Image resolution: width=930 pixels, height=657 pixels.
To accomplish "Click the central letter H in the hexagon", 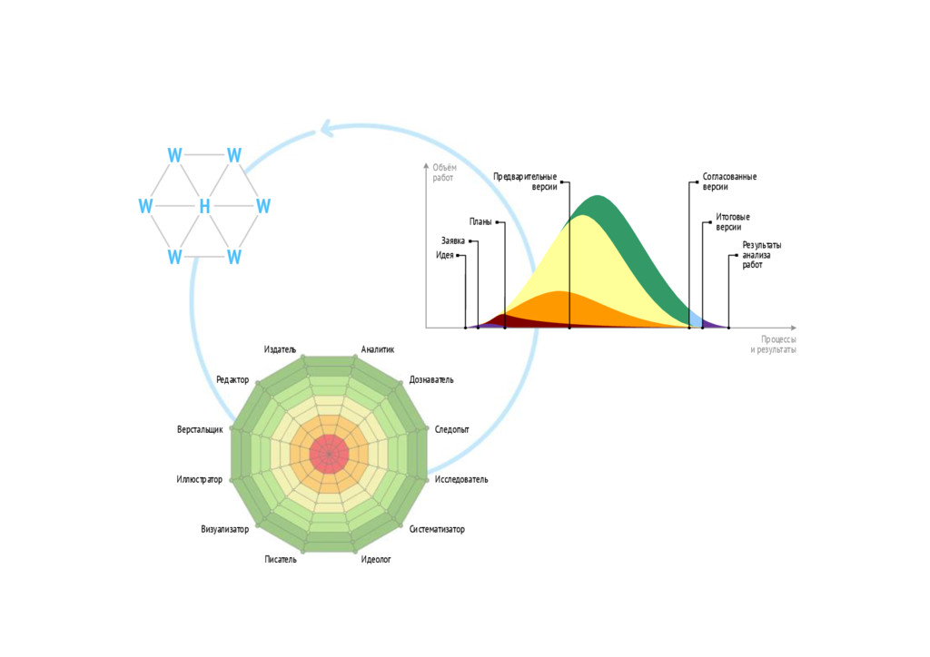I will (x=204, y=207).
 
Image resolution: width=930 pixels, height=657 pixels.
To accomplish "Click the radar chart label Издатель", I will (x=280, y=349).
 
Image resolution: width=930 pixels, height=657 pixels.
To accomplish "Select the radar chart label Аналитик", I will (x=378, y=349).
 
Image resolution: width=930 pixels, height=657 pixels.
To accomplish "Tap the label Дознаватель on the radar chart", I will (x=431, y=379).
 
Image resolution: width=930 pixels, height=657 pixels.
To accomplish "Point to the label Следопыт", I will (x=452, y=429).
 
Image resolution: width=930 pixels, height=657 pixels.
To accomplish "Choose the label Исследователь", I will (x=461, y=479).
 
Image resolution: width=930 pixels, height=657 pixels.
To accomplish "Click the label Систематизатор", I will (x=437, y=529).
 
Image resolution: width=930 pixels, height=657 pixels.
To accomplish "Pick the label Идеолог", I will (x=376, y=560).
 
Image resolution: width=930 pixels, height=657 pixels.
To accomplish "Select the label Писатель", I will (x=281, y=560).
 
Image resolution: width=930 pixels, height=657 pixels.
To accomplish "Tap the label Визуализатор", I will (x=225, y=529).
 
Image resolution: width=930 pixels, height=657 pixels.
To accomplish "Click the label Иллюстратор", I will (x=200, y=479).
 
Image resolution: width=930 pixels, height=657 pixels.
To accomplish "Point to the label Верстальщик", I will (x=200, y=429).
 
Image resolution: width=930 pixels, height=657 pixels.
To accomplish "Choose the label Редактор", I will (x=232, y=379).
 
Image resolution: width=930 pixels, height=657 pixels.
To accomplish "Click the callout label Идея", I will (x=445, y=255).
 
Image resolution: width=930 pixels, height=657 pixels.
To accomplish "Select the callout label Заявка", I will (x=453, y=241).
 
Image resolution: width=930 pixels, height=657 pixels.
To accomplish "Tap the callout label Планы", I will (x=480, y=221).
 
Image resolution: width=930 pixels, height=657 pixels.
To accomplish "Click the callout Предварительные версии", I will (x=525, y=181).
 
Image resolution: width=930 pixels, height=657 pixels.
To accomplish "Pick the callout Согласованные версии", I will (x=729, y=181).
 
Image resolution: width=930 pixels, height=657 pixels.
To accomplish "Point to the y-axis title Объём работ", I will (x=444, y=172).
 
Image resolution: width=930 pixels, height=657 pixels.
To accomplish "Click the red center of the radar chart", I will (x=329, y=454).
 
